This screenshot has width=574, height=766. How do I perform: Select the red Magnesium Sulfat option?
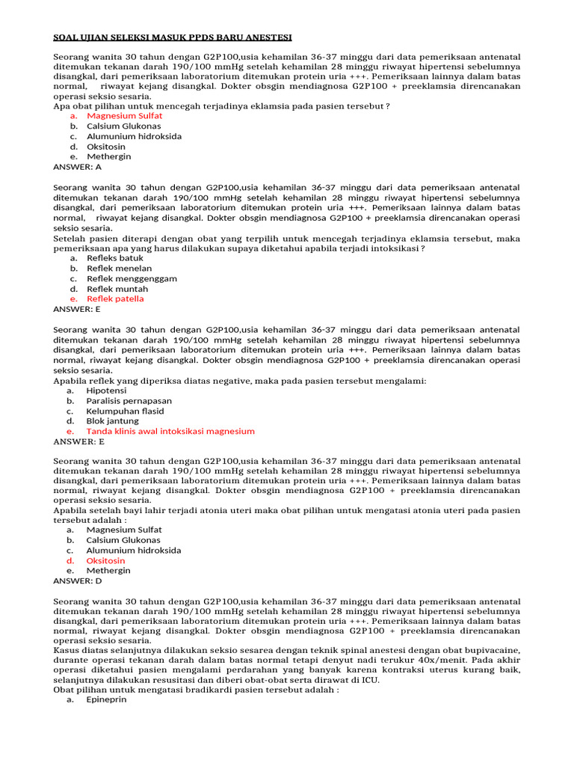[124, 116]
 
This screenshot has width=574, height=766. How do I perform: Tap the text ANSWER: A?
[77, 167]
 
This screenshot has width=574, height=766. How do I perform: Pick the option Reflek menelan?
[119, 268]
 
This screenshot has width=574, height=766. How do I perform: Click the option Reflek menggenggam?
[132, 278]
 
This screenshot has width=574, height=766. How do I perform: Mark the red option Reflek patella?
[115, 298]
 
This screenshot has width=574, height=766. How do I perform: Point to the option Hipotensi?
[106, 390]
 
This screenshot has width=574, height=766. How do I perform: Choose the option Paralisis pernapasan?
[129, 401]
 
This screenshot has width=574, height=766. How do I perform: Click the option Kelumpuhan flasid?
[125, 411]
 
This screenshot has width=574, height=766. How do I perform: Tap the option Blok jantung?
[112, 421]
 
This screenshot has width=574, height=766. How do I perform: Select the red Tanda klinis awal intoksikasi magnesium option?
[170, 431]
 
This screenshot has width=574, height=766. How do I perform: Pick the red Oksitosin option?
[105, 560]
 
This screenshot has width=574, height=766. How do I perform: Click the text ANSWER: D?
[77, 580]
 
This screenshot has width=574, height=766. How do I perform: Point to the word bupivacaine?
[490, 650]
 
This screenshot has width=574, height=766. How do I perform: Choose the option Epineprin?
[107, 700]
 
